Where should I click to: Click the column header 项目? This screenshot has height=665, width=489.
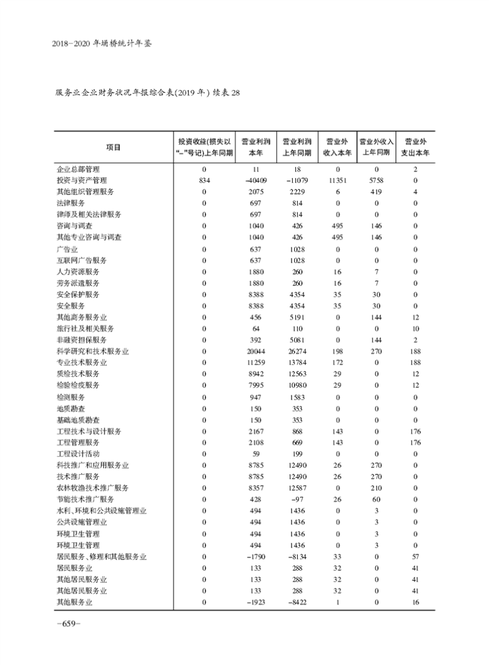(113, 147)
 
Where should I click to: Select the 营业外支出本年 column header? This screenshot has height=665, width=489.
(415, 147)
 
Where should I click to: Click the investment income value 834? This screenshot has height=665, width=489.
(204, 180)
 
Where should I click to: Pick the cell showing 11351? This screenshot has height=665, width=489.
(337, 180)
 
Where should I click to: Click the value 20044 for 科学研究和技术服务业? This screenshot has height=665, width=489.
(256, 351)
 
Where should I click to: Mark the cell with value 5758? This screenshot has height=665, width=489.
(377, 180)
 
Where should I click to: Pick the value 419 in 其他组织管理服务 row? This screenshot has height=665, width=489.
(377, 192)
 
